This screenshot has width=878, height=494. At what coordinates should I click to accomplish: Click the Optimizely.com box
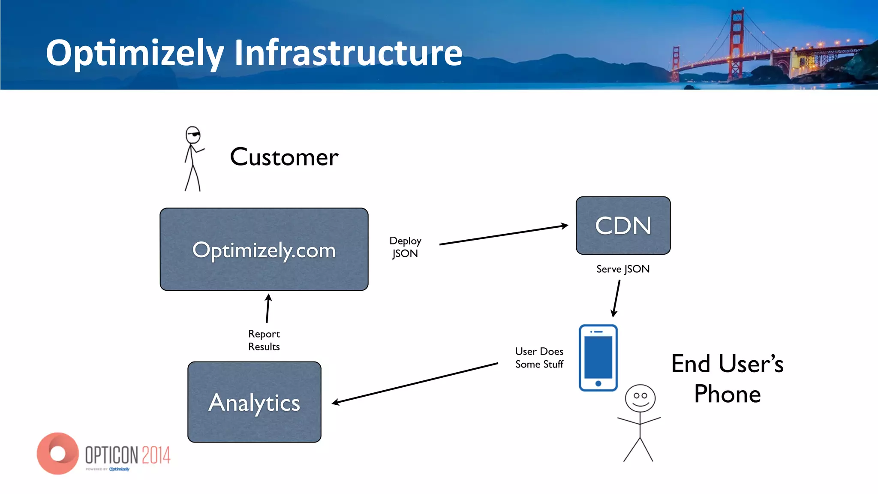[x=264, y=250]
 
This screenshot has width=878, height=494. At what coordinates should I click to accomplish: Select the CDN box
[x=623, y=226]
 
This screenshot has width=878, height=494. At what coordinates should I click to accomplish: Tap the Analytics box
[x=254, y=402]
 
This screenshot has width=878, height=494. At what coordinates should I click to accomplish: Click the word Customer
[x=284, y=157]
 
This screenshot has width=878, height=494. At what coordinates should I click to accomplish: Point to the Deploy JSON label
[x=405, y=247]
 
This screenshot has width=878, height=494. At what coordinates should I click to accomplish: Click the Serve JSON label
[x=622, y=269]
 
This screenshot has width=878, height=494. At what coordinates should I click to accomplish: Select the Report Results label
[x=264, y=340]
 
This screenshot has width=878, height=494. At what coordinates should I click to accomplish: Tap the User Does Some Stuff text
[x=539, y=358]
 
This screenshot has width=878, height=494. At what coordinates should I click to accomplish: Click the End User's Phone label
[x=727, y=379]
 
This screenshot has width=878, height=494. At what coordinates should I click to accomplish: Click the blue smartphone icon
[x=598, y=358]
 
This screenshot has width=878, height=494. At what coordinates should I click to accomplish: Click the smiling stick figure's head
[x=640, y=398]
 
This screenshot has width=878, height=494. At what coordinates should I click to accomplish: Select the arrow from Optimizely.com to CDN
[x=504, y=235]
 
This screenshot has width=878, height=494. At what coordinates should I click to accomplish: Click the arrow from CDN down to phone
[x=616, y=298]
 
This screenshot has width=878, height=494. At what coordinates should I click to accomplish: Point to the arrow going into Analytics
[x=415, y=383]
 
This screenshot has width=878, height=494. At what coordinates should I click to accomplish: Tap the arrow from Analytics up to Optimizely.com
[x=268, y=308]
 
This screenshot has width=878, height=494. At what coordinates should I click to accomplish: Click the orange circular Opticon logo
[x=57, y=453]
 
